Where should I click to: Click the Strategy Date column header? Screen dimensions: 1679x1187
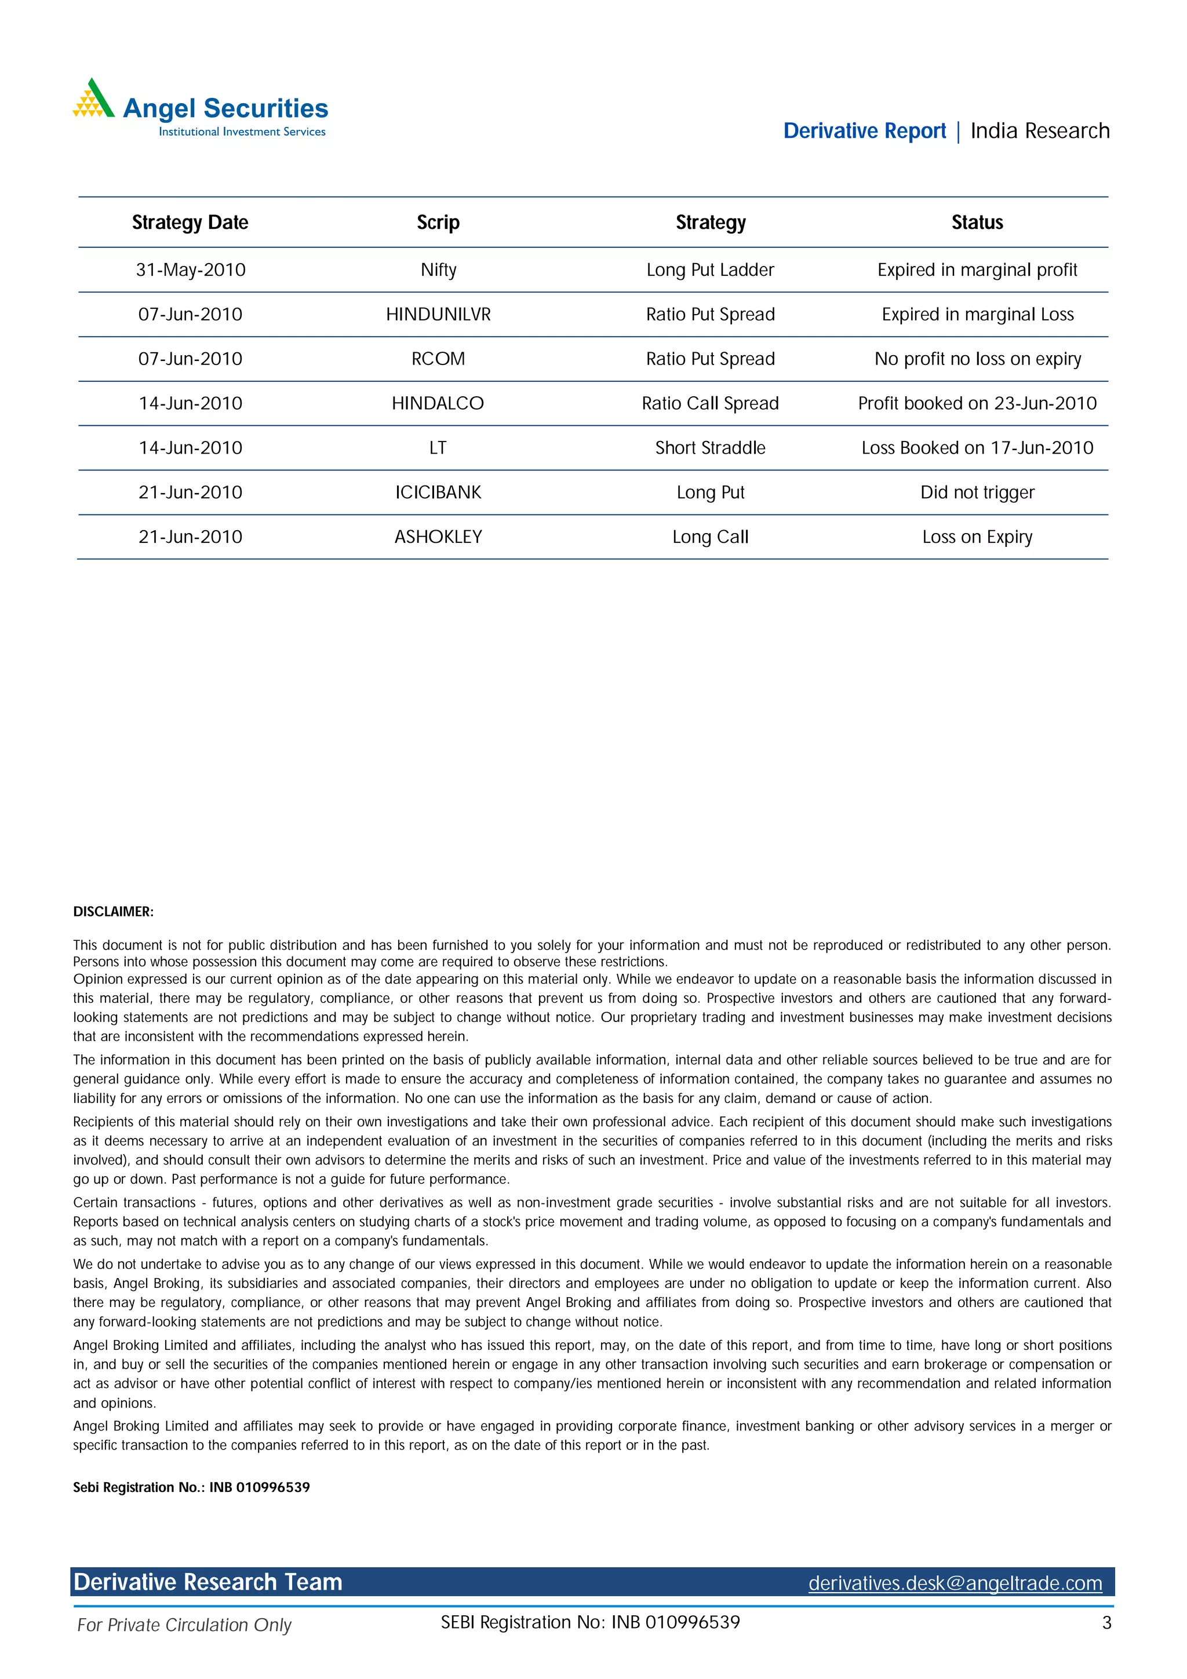point(190,222)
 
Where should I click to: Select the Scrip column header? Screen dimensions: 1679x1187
point(438,222)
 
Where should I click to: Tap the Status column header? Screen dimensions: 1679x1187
point(977,222)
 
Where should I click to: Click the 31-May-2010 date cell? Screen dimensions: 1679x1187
point(190,270)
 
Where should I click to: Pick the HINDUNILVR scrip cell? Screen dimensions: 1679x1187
point(438,315)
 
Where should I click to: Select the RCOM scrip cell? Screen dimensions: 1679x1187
point(438,359)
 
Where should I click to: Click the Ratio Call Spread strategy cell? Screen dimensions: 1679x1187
point(710,404)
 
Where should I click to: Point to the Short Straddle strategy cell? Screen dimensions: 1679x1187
point(710,448)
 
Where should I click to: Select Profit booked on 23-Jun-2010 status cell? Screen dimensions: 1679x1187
point(977,404)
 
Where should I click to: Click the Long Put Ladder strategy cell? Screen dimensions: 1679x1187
point(710,270)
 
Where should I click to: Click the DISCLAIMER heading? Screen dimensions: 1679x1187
point(114,912)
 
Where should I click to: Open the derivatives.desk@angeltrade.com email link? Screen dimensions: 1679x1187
point(955,1583)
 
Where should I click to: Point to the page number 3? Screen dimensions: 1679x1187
point(1106,1623)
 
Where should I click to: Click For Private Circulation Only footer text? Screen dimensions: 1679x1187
point(184,1625)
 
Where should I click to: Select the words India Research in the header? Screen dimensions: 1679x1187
point(1039,131)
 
